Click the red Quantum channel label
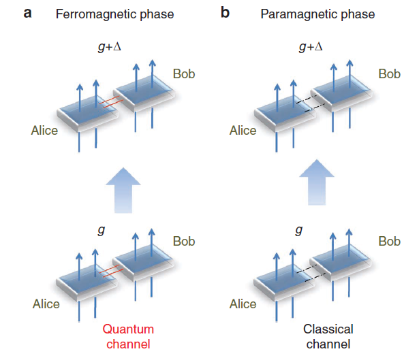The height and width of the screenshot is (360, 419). point(127,336)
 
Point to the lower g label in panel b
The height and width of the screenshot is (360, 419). point(298,230)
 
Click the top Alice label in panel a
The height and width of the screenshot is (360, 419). point(44,129)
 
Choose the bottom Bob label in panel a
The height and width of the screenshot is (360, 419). point(183,242)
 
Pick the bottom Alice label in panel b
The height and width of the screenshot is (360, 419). point(243,304)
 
